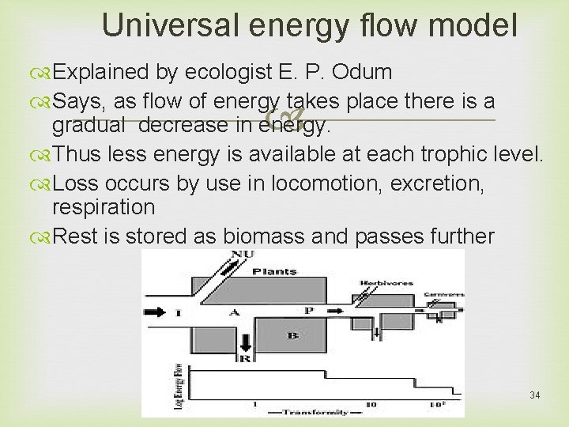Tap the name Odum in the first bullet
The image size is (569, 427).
(x=362, y=73)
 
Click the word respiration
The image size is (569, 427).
(x=104, y=208)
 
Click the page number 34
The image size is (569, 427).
(x=535, y=395)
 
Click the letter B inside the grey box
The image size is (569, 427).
(x=293, y=335)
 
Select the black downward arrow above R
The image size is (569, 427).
(x=245, y=341)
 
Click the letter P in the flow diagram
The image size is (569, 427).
(x=308, y=311)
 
